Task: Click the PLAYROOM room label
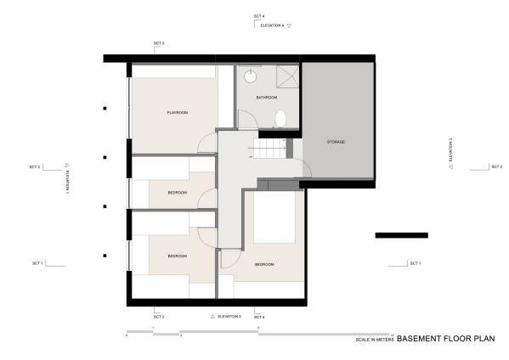pos(177,113)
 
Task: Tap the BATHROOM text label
pos(268,98)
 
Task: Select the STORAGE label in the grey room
pos(335,142)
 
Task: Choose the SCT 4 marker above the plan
pos(259,17)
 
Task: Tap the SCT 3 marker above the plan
pos(159,42)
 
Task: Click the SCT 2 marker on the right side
pos(495,166)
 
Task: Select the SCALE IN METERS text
pos(375,339)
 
